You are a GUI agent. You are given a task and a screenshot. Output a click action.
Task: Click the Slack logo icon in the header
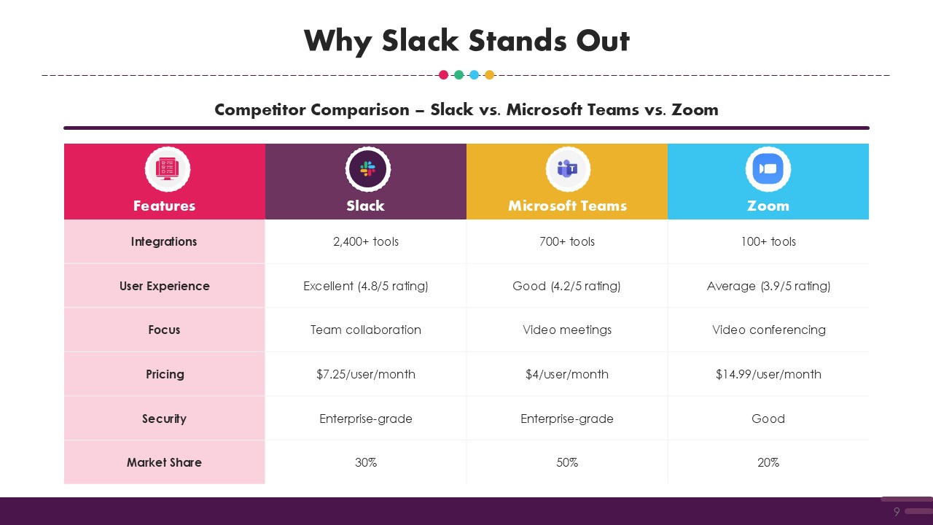pyautogui.click(x=367, y=169)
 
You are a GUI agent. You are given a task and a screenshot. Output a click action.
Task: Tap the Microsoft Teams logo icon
pyautogui.click(x=568, y=169)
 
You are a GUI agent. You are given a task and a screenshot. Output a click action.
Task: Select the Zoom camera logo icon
pyautogui.click(x=768, y=169)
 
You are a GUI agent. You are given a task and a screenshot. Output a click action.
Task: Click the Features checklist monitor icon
pyautogui.click(x=168, y=169)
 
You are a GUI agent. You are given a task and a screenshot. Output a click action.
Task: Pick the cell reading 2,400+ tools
pyautogui.click(x=366, y=241)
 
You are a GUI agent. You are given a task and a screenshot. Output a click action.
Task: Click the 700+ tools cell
pyautogui.click(x=567, y=241)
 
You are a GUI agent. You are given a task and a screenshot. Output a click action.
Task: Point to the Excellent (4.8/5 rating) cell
pyautogui.click(x=366, y=287)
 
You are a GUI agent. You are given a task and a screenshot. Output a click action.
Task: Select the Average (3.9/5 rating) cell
pyautogui.click(x=768, y=287)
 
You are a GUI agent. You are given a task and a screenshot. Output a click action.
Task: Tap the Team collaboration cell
pyautogui.click(x=366, y=330)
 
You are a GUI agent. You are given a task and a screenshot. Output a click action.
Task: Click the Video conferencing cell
pyautogui.click(x=768, y=330)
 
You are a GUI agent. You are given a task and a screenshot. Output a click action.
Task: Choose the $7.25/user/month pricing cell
pyautogui.click(x=366, y=374)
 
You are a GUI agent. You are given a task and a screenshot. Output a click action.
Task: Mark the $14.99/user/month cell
pyautogui.click(x=768, y=374)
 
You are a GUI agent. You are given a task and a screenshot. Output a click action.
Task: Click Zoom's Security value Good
pyautogui.click(x=768, y=419)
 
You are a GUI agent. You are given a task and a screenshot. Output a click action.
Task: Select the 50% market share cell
pyautogui.click(x=567, y=462)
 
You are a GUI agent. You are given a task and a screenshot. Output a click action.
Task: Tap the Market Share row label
pyautogui.click(x=164, y=462)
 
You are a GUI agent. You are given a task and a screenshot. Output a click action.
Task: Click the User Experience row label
pyautogui.click(x=165, y=287)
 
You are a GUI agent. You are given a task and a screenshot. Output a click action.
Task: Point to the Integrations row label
pyautogui.click(x=164, y=241)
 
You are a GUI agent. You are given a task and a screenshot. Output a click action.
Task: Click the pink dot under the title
pyautogui.click(x=444, y=75)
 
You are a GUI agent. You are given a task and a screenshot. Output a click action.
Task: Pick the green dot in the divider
pyautogui.click(x=458, y=75)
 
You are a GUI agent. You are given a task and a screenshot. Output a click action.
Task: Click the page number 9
pyautogui.click(x=897, y=511)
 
